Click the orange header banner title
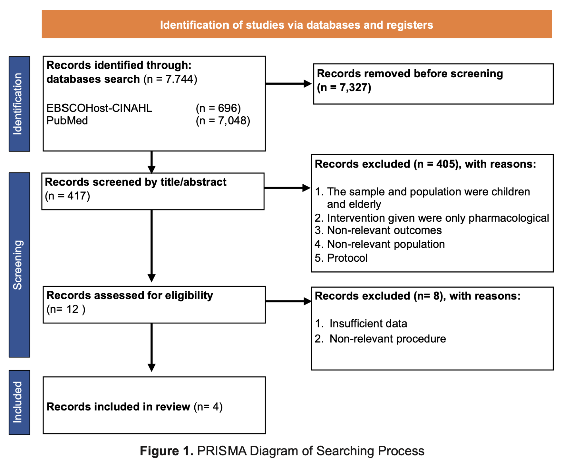296,25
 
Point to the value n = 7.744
170,79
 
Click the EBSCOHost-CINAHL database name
99,108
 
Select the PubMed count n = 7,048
223,121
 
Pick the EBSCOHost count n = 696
219,108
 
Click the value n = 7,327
344,87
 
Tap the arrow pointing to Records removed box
288,84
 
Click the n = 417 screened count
68,196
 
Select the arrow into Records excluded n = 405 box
287,188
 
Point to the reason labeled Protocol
347,258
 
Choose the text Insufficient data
368,324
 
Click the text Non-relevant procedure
387,339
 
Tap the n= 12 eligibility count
66,309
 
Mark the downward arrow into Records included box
151,348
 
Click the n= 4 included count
208,407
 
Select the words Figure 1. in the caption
166,451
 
